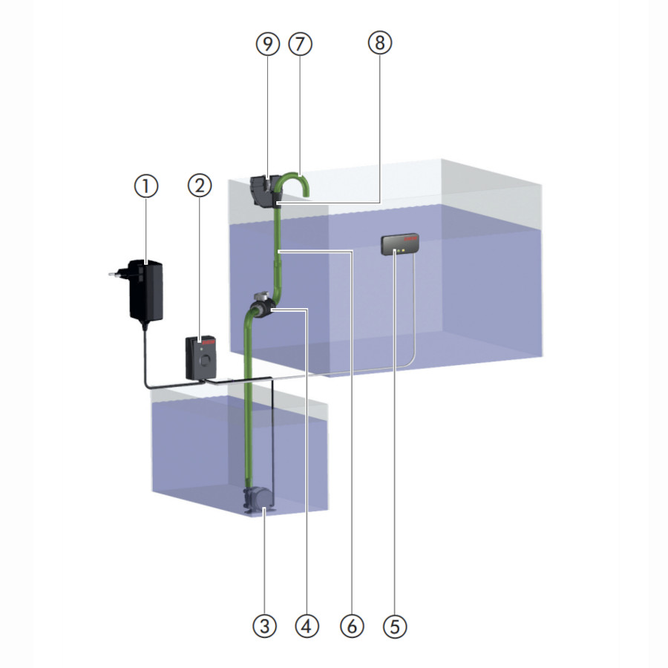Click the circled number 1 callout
(146, 186)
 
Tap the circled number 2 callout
(200, 186)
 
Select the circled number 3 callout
(264, 626)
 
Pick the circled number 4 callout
(307, 626)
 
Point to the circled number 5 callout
(395, 626)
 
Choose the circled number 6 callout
(352, 626)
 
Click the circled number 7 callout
(301, 44)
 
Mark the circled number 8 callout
(379, 43)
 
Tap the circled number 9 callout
(268, 44)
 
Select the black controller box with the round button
(201, 358)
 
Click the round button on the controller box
(206, 361)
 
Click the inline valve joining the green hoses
(261, 306)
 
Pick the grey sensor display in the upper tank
(399, 244)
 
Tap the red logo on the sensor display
(411, 239)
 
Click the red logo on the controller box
(209, 341)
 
